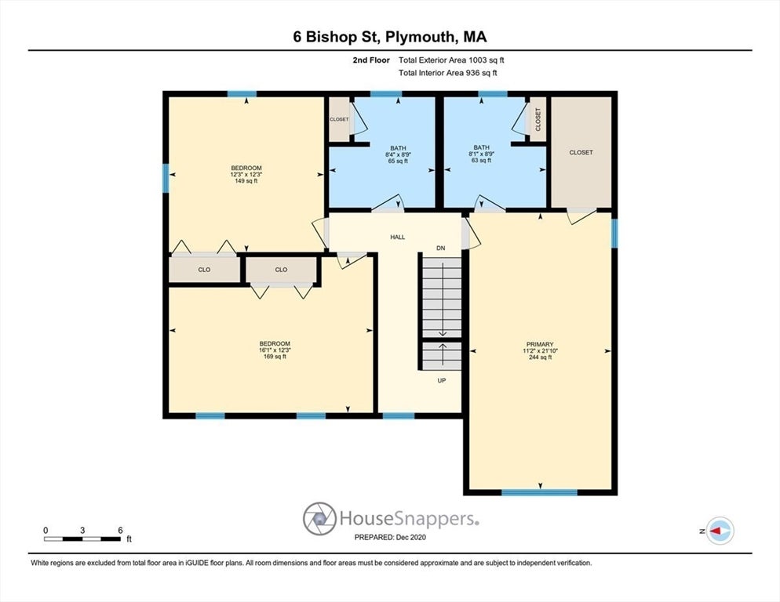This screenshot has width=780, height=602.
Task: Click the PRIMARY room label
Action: tap(540, 344)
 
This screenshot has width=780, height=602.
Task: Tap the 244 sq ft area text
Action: tap(540, 357)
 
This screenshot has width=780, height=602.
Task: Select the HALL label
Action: tap(398, 237)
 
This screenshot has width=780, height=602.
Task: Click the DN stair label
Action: tap(442, 248)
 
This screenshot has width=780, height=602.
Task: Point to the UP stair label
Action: tap(441, 380)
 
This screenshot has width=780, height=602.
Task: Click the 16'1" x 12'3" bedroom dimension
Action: tap(275, 350)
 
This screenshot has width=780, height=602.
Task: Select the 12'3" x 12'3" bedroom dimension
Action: tap(246, 175)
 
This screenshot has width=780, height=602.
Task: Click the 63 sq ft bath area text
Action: tap(481, 161)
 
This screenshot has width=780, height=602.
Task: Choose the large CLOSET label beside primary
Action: tap(581, 153)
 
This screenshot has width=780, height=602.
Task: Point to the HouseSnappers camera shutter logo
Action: tap(319, 518)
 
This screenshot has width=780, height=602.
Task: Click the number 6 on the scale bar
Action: tap(119, 530)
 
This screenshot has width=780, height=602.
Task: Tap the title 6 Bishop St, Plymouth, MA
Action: tap(389, 37)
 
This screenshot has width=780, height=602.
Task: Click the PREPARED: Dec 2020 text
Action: tap(390, 537)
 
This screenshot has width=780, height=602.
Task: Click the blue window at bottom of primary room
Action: tap(539, 492)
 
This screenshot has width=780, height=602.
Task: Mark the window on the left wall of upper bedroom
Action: tap(166, 177)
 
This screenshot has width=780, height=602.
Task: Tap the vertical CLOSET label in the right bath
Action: tap(538, 119)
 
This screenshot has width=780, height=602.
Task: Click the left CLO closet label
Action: tap(204, 270)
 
